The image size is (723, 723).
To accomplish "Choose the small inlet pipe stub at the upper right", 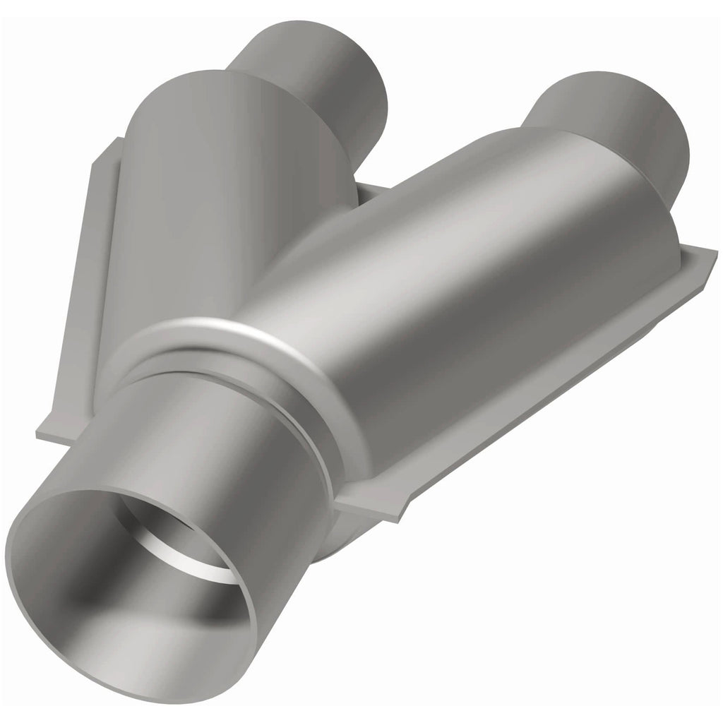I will (x=621, y=134).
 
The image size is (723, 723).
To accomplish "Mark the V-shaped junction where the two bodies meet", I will (x=353, y=212).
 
